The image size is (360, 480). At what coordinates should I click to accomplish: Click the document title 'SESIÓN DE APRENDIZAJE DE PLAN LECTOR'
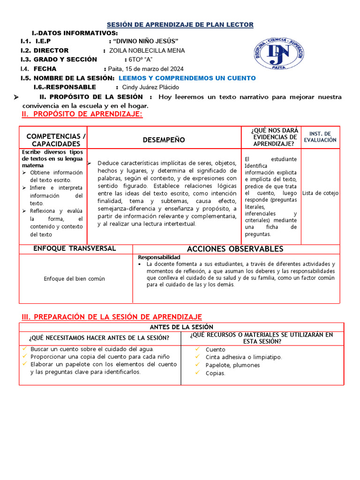click(x=180, y=24)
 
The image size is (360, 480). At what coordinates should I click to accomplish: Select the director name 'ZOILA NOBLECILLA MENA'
click(x=147, y=51)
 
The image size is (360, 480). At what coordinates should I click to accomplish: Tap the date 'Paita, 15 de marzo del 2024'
click(x=147, y=69)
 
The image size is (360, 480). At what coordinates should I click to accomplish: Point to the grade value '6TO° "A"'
click(x=141, y=60)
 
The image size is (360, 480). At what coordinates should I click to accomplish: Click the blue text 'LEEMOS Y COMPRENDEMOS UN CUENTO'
click(x=187, y=78)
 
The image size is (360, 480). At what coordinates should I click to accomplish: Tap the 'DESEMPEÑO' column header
click(x=164, y=140)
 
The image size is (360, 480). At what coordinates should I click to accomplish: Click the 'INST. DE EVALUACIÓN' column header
click(x=320, y=137)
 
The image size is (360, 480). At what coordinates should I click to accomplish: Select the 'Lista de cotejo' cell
click(x=320, y=193)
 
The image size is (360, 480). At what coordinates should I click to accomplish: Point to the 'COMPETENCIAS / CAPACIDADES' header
click(x=56, y=140)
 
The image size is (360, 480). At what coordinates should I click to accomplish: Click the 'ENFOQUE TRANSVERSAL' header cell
click(x=75, y=248)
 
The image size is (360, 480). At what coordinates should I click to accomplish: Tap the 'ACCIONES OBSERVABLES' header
click(x=235, y=249)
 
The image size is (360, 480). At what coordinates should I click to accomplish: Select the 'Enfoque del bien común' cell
click(x=75, y=278)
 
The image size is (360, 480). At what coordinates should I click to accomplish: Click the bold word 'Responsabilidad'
click(x=159, y=258)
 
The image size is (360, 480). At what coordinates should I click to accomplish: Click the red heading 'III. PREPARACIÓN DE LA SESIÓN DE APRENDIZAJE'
click(x=111, y=317)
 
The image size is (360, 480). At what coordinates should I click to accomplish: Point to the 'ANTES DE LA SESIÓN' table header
click(x=181, y=327)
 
